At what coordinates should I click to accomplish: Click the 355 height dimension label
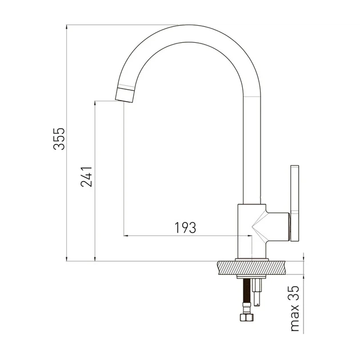(x=59, y=139)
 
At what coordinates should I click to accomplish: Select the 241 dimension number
(x=86, y=177)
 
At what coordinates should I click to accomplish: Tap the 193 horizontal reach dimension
(x=186, y=227)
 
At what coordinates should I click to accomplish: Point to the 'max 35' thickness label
(x=295, y=309)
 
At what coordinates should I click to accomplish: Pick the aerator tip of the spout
(x=125, y=94)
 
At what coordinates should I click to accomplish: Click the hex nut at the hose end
(x=247, y=318)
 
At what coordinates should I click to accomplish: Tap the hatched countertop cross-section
(x=252, y=267)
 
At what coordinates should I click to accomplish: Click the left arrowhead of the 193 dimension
(x=126, y=235)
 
